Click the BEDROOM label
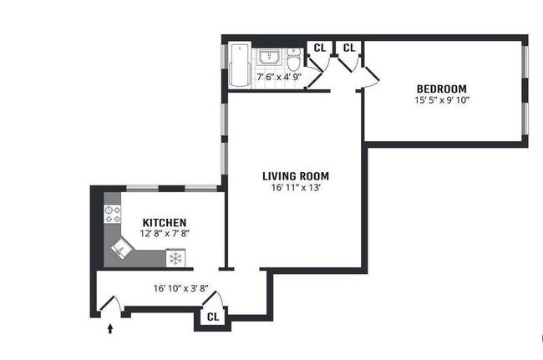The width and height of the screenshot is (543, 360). click(442, 89)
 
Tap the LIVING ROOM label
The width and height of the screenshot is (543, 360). click(296, 176)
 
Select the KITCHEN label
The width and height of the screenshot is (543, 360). click(165, 222)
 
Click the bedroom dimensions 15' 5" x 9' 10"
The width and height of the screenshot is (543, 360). click(442, 100)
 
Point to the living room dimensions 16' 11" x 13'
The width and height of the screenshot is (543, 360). click(296, 188)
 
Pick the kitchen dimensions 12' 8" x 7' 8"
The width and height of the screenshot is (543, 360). click(165, 234)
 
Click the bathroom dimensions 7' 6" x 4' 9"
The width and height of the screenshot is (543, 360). click(279, 77)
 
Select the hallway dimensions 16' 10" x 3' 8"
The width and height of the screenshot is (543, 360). click(180, 288)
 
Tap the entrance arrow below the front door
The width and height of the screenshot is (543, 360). click(110, 328)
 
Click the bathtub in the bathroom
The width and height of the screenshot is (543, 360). click(240, 64)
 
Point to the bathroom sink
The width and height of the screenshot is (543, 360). click(270, 57)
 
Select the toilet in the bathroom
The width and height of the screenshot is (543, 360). click(294, 58)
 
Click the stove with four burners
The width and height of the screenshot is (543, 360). click(113, 215)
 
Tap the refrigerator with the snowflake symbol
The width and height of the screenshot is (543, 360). click(175, 258)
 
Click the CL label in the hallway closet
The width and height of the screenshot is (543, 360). click(213, 317)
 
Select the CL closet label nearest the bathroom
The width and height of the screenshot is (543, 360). click(320, 48)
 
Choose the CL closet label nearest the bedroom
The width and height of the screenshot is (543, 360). click(349, 48)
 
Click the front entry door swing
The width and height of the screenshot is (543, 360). click(110, 303)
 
